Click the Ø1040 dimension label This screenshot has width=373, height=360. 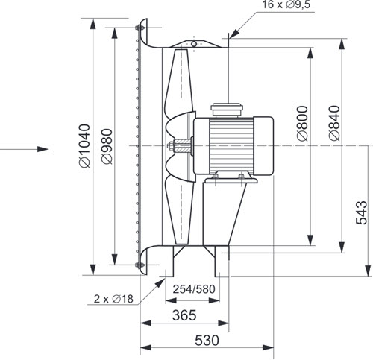pos(84,145)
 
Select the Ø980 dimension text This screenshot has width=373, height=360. pos(107,146)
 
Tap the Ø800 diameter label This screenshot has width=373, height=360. pos(303,124)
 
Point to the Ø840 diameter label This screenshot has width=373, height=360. pos(334,123)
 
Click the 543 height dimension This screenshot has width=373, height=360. pos(361,212)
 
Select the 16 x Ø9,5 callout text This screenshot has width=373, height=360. pos(286,4)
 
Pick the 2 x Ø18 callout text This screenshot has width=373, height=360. pos(113,299)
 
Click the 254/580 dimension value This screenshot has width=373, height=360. pos(194,289)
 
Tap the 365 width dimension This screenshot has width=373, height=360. pos(184,315)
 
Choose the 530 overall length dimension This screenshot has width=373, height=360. pos(207,340)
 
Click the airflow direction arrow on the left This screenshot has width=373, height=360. pos(25,149)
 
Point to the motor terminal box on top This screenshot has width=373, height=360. pos(227,110)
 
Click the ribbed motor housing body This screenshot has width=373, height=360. pos(231,145)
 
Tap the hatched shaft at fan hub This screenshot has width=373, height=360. pos(183,145)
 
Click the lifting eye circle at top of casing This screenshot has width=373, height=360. pos(194,44)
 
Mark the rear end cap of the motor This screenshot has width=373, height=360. pos(263,145)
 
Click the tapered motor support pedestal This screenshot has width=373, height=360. pos(224,214)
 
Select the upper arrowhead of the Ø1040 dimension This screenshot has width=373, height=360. pos(93,25)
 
